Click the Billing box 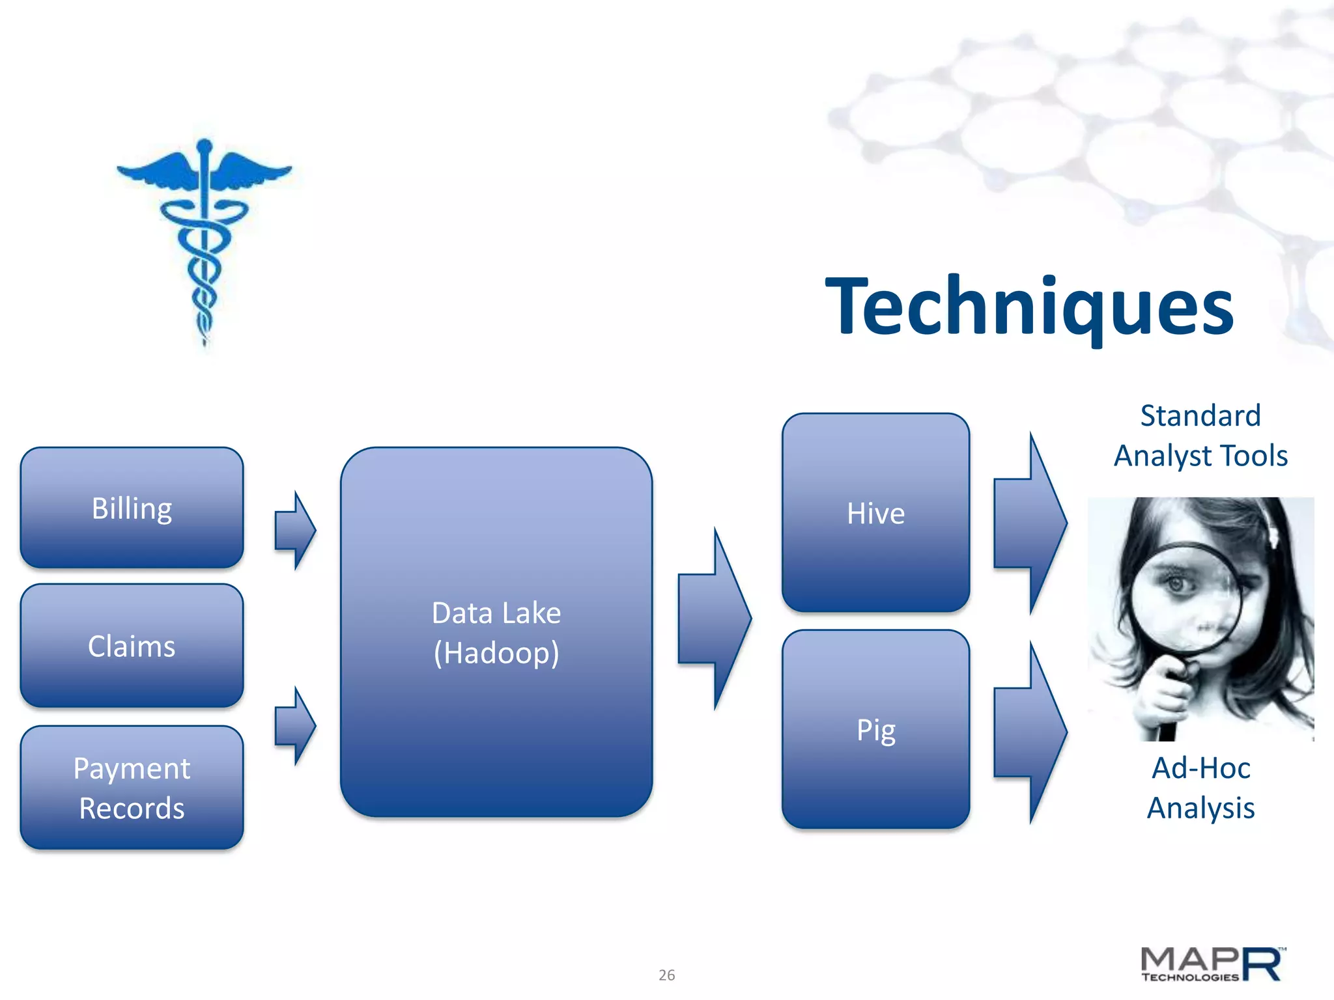(132, 508)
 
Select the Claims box (132, 646)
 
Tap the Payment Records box (132, 788)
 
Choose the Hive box (875, 513)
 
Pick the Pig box (875, 729)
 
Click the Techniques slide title (1029, 306)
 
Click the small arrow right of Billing (295, 531)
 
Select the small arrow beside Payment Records (295, 725)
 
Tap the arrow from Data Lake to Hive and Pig (714, 618)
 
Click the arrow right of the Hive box (1029, 523)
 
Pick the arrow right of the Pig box (1029, 732)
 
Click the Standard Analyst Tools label (1200, 436)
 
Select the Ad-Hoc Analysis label (1200, 788)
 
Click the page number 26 (666, 975)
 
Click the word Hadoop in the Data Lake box (496, 653)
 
